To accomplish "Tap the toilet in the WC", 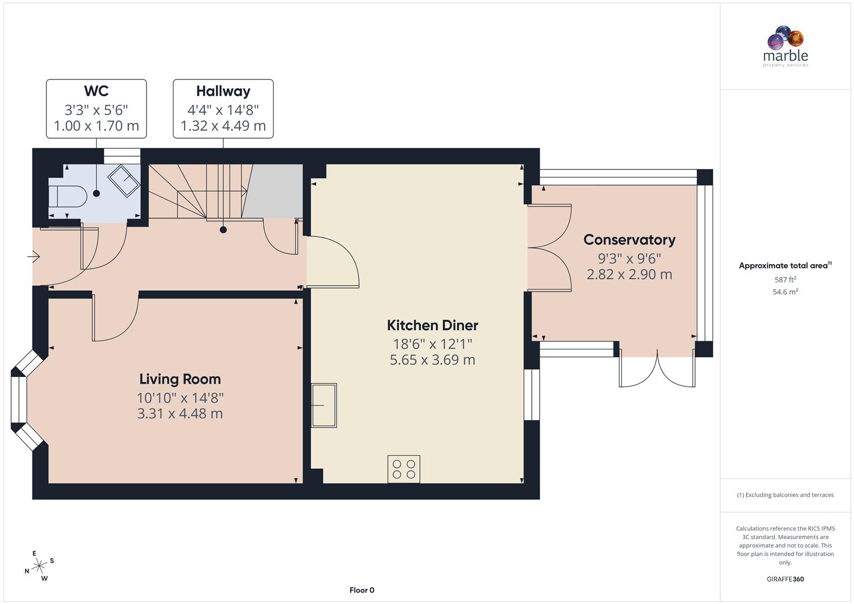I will [x=67, y=196].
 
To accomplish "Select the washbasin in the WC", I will [x=124, y=181].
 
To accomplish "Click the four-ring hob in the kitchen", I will [x=404, y=469].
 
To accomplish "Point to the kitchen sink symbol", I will [x=324, y=405].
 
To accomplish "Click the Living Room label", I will [x=180, y=379].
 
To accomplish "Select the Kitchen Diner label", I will [x=432, y=325].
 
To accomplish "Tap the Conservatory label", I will [x=629, y=240].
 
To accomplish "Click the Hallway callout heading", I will [x=223, y=91].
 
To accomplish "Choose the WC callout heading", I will [x=96, y=91].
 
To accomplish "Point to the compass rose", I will [x=39, y=566].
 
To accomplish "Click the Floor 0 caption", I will [x=362, y=590].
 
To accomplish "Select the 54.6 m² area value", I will [x=785, y=292].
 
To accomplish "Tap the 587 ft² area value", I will [x=785, y=280].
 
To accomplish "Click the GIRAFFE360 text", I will [x=785, y=579].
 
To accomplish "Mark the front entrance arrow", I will [x=34, y=257].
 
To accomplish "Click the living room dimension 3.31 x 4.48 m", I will [x=180, y=414].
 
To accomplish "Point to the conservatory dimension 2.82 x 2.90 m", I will [x=629, y=275].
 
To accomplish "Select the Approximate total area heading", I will [x=785, y=266].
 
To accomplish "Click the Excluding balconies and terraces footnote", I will [x=785, y=495].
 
